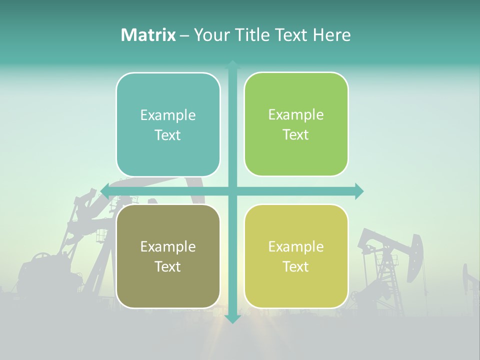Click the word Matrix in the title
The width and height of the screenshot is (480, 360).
[x=148, y=35]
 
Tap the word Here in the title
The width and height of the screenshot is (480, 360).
[x=331, y=35]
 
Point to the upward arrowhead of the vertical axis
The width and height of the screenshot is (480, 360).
[x=233, y=64]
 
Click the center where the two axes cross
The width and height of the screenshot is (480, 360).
[x=233, y=190]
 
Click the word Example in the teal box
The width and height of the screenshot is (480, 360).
[x=168, y=115]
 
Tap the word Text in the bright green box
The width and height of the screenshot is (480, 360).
[x=296, y=135]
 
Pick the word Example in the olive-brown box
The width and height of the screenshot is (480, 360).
[x=168, y=246]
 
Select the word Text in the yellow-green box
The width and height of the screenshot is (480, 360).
[x=296, y=267]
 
